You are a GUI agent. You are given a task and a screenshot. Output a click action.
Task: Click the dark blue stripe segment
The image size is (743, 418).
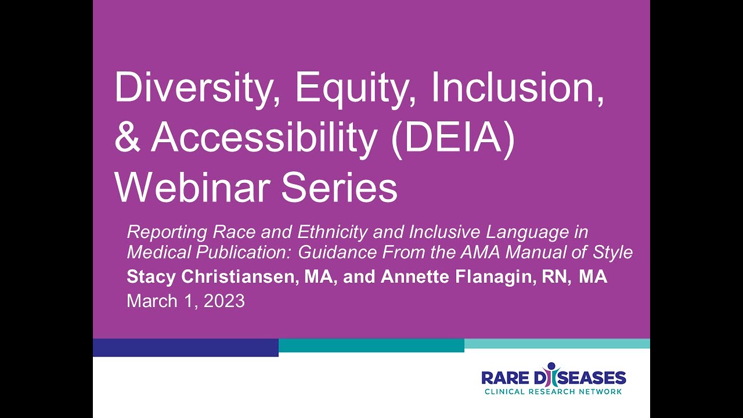[x=186, y=347]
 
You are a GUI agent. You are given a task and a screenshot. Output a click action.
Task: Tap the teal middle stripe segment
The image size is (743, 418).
[x=371, y=345]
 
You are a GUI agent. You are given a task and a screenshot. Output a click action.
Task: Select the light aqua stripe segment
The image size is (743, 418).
[x=557, y=344]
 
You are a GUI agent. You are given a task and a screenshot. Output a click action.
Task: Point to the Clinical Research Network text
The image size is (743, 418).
[x=553, y=392]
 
